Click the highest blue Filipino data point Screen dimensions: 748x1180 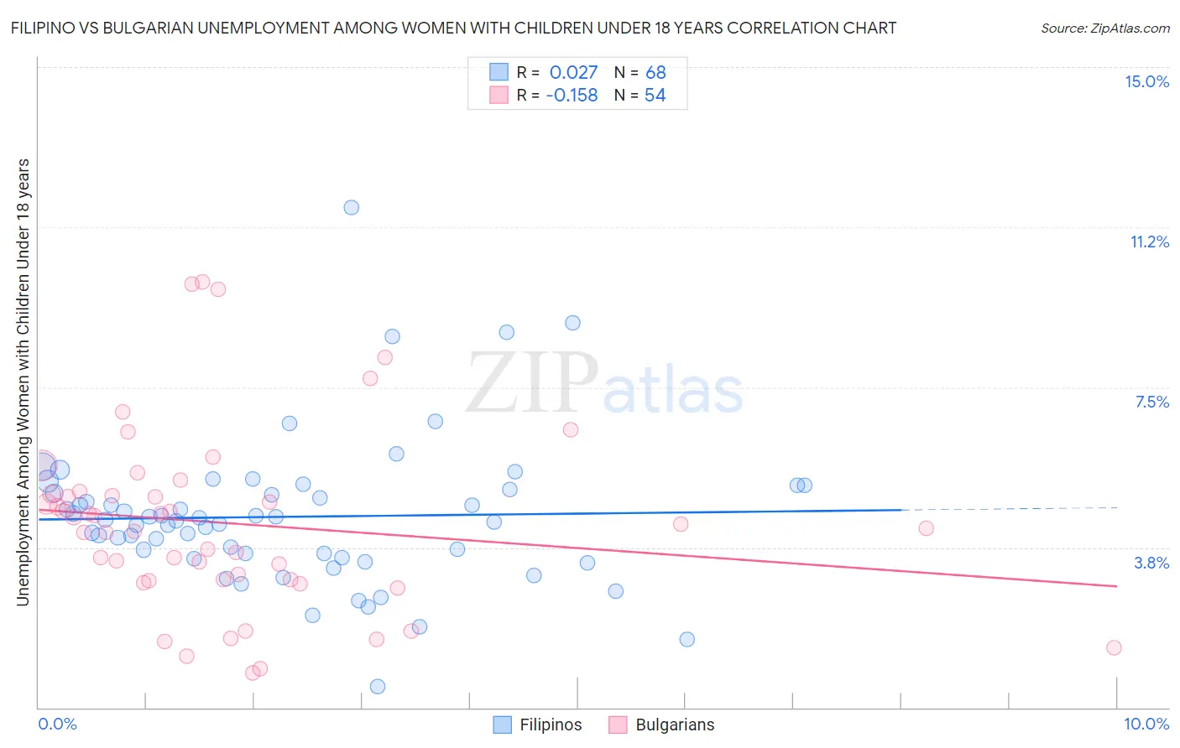click(352, 207)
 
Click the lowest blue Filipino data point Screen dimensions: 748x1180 click(378, 686)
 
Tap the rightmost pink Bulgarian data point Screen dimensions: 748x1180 click(1114, 647)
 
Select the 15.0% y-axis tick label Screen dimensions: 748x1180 click(1146, 81)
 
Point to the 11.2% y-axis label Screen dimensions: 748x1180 click(1149, 242)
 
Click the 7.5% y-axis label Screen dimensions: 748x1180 click(1151, 402)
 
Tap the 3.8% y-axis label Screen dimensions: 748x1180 click(1151, 563)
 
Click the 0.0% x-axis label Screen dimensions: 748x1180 click(57, 724)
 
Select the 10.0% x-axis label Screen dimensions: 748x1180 click(1146, 724)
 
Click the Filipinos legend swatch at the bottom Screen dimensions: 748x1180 click(502, 725)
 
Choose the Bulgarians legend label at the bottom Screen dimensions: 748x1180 click(675, 725)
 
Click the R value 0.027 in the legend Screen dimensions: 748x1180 click(573, 72)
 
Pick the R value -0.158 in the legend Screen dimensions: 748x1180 click(572, 96)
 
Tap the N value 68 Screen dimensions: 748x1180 click(655, 72)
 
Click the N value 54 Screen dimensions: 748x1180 click(655, 96)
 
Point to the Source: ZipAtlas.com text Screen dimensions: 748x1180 click(1104, 28)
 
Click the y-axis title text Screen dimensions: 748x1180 click(23, 382)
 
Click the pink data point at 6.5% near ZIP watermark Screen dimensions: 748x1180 click(571, 429)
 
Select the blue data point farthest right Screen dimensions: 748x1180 click(805, 485)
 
